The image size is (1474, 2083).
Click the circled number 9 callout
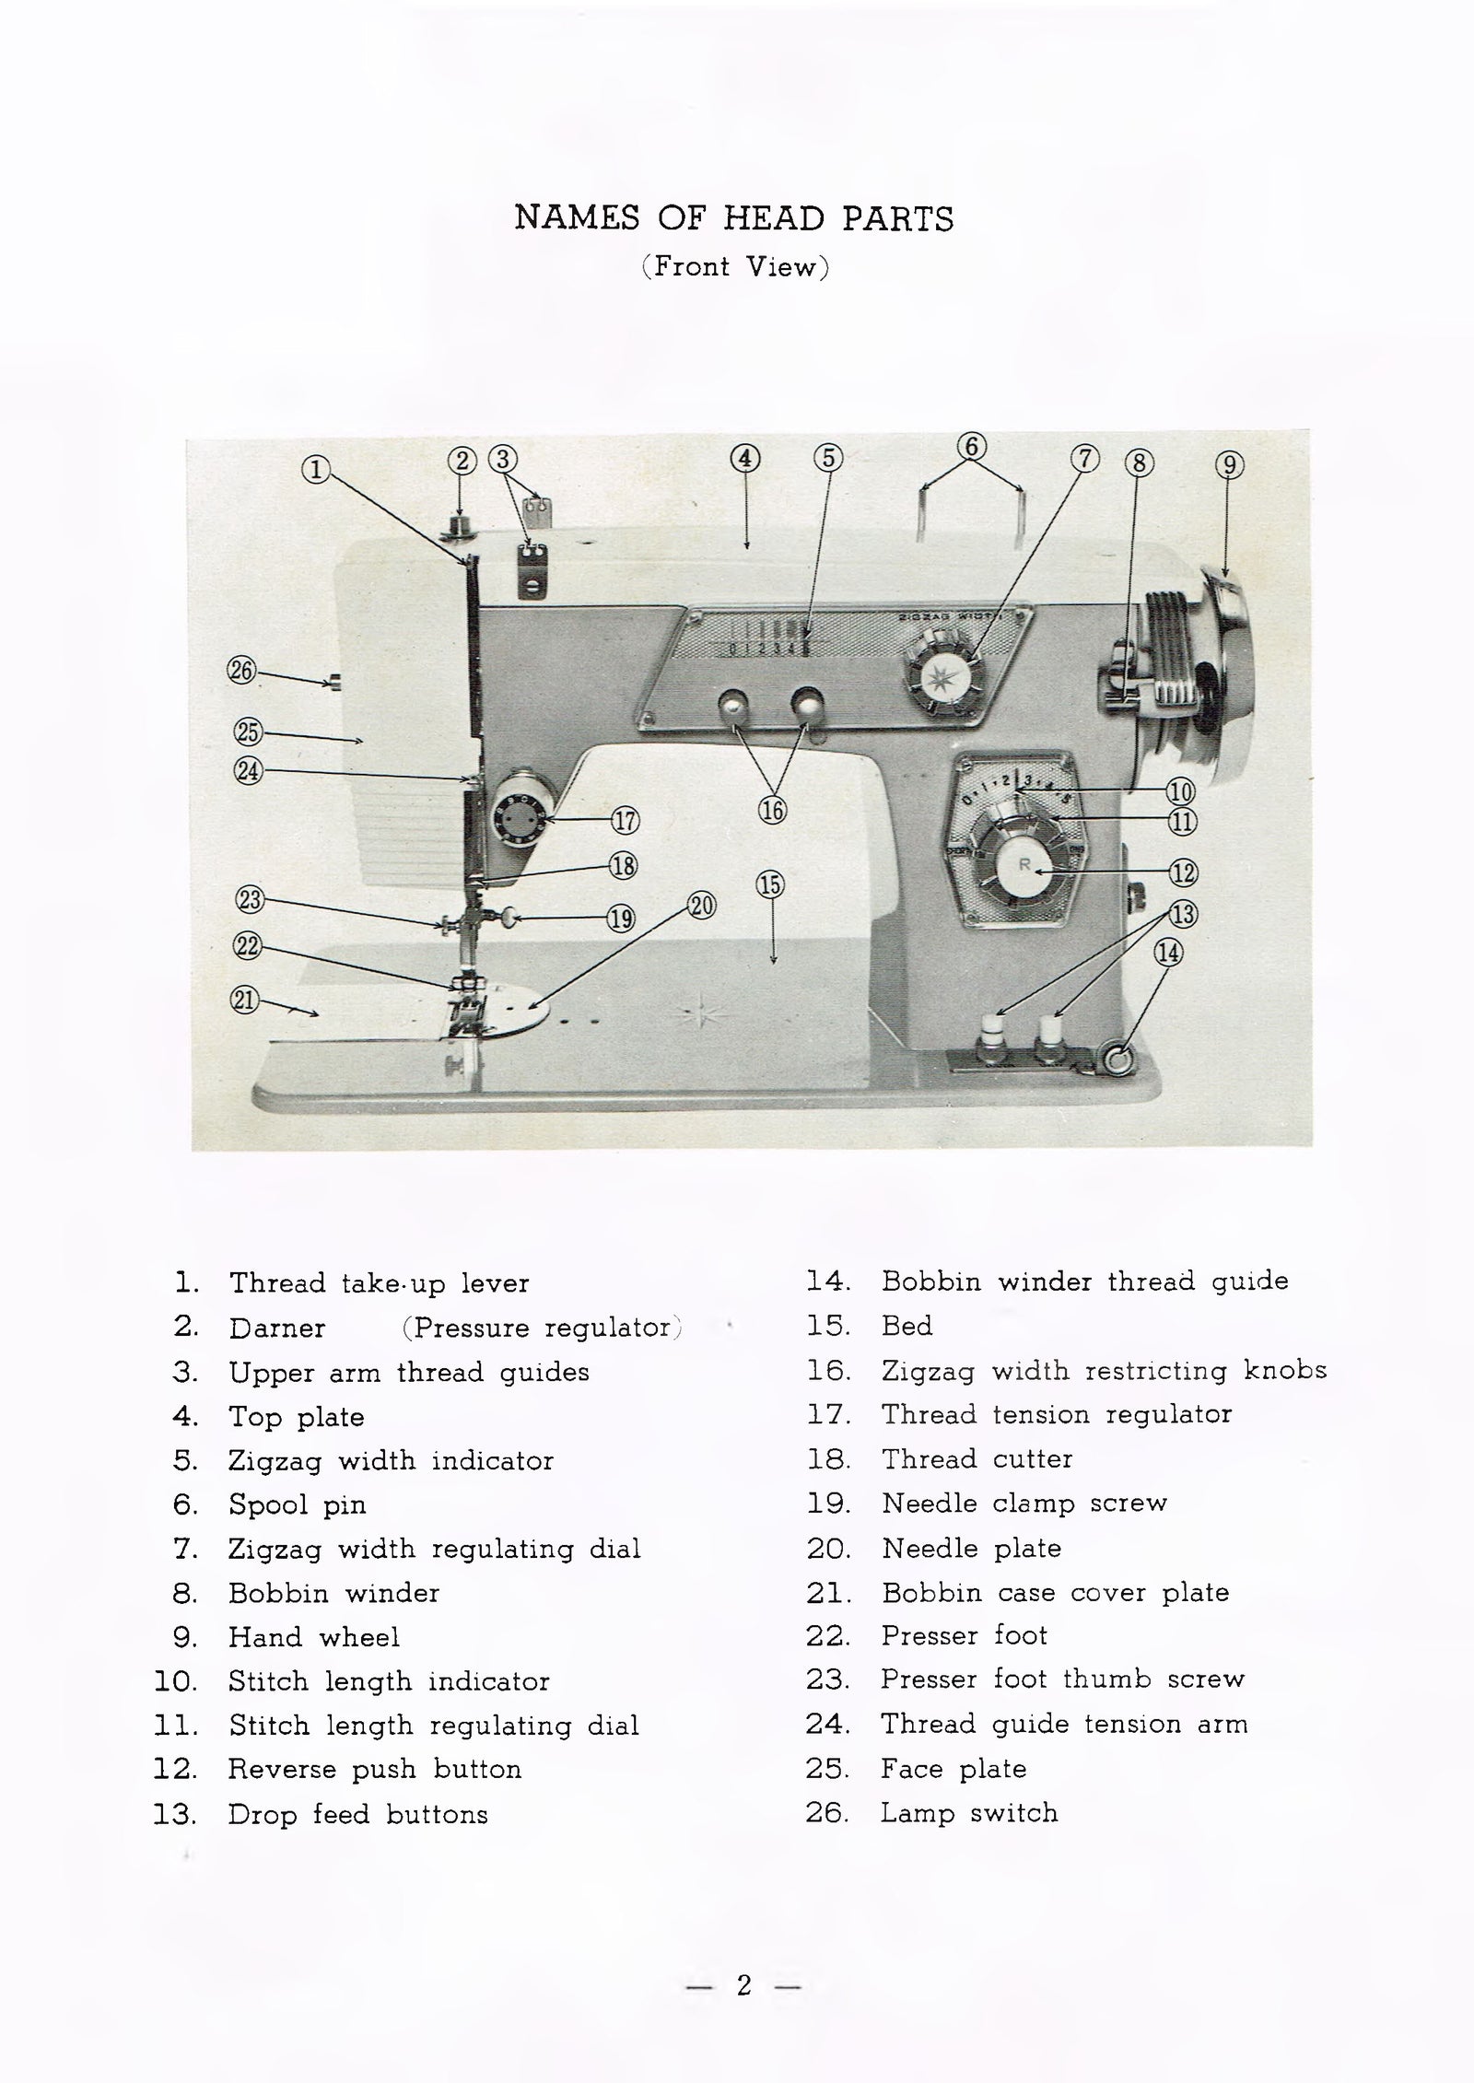1230,466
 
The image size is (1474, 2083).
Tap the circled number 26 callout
240,671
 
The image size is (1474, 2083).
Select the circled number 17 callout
626,819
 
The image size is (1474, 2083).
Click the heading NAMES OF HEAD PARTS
734,219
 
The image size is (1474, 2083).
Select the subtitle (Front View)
735,268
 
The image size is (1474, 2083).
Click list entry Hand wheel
313,1637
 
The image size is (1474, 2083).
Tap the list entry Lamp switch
968,1813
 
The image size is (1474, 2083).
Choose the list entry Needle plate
971,1549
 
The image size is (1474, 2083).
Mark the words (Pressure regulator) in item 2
542,1328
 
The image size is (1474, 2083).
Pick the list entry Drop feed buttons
357,1814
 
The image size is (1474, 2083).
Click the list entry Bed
907,1326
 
